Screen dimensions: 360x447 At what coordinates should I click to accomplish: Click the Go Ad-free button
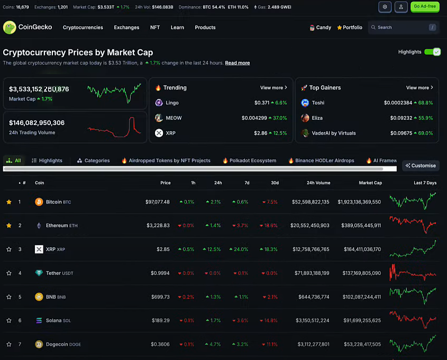[425, 7]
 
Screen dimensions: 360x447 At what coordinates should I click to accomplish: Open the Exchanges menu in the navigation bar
[126, 28]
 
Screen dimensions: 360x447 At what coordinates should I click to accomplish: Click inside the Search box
[400, 28]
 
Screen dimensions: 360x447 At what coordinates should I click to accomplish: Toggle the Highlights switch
[432, 52]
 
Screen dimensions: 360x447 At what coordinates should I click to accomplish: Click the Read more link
[238, 63]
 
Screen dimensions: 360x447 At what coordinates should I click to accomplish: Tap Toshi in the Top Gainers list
[318, 103]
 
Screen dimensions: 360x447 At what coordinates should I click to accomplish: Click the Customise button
[421, 166]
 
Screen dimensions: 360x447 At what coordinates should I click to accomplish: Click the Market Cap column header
[370, 183]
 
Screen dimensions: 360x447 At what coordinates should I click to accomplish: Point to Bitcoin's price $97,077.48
[158, 202]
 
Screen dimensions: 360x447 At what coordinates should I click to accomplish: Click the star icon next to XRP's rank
[9, 249]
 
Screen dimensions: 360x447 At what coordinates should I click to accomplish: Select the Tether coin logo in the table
[39, 273]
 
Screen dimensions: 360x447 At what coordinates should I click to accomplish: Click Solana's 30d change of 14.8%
[270, 320]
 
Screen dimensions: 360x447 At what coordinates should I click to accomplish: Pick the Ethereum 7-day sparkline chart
[413, 225]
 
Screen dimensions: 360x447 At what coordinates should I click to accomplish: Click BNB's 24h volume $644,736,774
[314, 297]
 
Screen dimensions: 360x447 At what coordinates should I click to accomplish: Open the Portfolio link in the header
[350, 28]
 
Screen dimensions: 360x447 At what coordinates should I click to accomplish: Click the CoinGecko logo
[28, 28]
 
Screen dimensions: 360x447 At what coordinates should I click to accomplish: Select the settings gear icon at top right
[385, 7]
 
